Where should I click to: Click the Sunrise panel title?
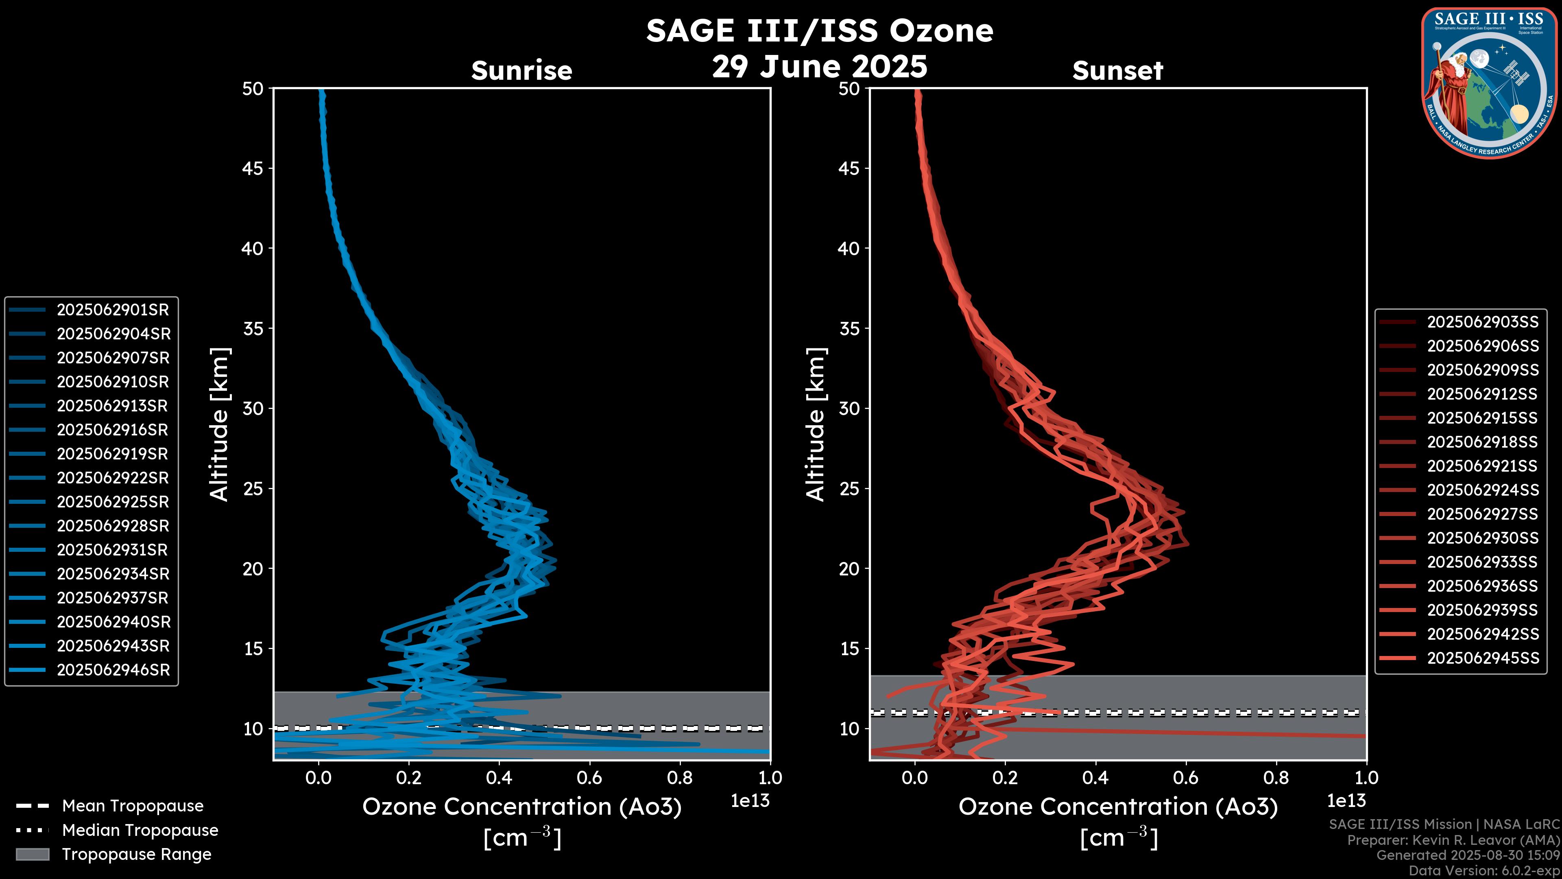(x=521, y=71)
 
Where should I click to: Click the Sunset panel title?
(x=1117, y=71)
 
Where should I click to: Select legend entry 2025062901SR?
(x=113, y=310)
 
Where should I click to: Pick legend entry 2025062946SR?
(x=113, y=670)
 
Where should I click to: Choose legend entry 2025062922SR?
(x=113, y=478)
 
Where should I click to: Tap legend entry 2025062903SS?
(x=1483, y=322)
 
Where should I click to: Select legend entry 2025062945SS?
(x=1483, y=658)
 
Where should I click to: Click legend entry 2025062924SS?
(x=1483, y=490)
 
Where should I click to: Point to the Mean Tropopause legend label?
(x=133, y=806)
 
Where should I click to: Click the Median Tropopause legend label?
(x=140, y=831)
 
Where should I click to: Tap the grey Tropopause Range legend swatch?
(x=32, y=855)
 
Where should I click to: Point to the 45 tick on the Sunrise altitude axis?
(x=253, y=168)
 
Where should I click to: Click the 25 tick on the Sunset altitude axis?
(x=849, y=489)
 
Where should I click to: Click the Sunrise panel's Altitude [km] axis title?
(x=219, y=424)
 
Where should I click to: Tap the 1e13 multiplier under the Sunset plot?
(x=1346, y=801)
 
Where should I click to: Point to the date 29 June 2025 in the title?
(x=819, y=67)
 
